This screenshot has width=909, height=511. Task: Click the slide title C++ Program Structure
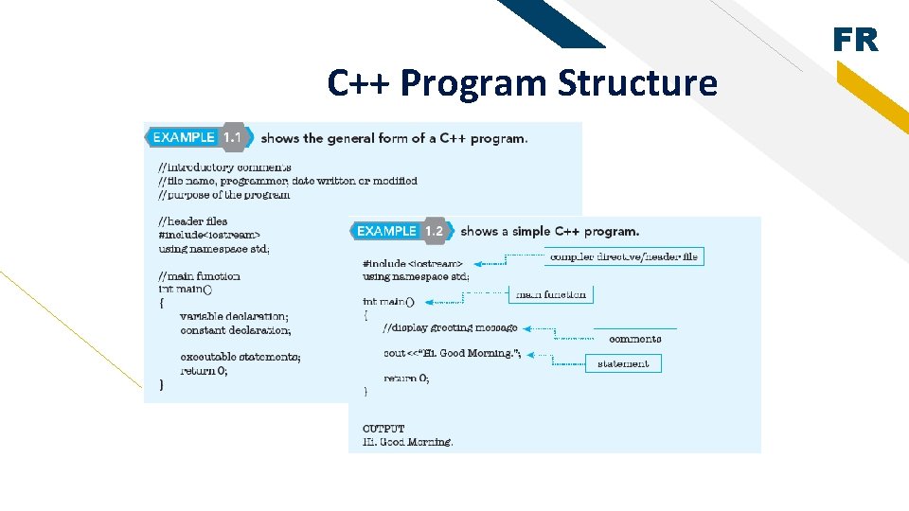click(522, 83)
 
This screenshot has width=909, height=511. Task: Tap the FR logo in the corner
click(855, 41)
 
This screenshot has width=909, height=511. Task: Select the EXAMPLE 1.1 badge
click(199, 137)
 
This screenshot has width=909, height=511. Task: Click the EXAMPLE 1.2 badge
click(401, 231)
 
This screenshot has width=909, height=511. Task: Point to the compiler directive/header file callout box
click(624, 256)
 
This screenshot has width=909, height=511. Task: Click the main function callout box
click(550, 294)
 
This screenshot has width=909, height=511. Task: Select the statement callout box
click(623, 363)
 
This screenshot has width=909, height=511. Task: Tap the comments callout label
click(634, 338)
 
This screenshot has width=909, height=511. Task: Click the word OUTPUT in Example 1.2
click(383, 429)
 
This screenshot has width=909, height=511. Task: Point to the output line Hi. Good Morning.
click(408, 442)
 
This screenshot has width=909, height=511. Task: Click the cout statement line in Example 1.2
click(452, 353)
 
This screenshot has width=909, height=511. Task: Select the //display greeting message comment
click(450, 327)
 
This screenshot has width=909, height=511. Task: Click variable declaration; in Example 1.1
click(234, 316)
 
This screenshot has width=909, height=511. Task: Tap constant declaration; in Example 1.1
click(235, 330)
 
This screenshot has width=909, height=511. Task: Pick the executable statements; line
click(240, 357)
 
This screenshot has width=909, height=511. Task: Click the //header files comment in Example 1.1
click(193, 221)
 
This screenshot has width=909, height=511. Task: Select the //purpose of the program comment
click(224, 194)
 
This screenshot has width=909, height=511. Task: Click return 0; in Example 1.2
click(406, 379)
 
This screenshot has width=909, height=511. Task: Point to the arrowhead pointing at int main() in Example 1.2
click(429, 302)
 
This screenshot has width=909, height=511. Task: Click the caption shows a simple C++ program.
click(549, 231)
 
